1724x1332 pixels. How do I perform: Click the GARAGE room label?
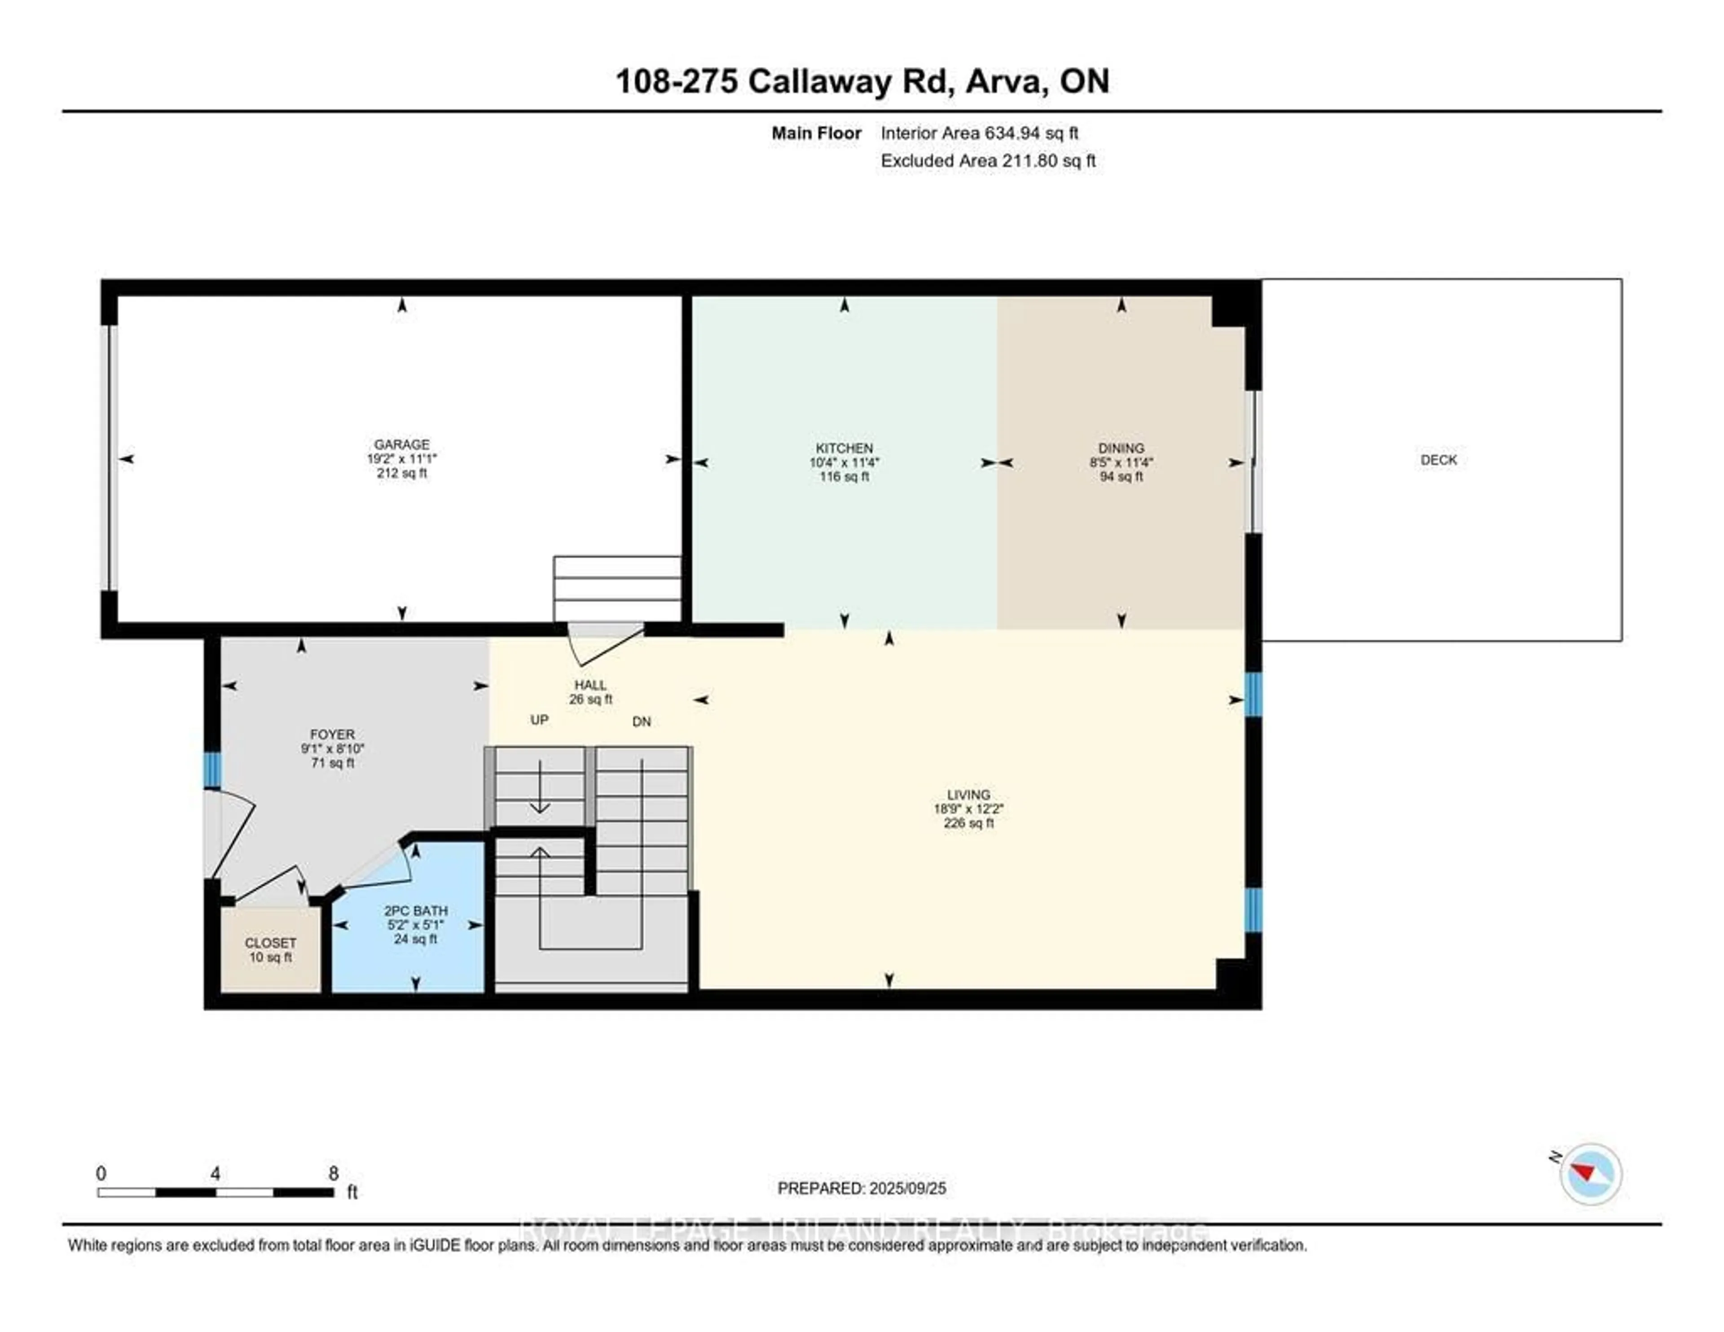pyautogui.click(x=402, y=445)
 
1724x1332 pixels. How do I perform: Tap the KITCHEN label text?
pyautogui.click(x=844, y=448)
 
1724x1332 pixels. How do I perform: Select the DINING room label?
pyautogui.click(x=1121, y=448)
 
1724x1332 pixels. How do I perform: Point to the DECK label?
pyautogui.click(x=1438, y=459)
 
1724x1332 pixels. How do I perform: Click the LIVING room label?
pyautogui.click(x=968, y=794)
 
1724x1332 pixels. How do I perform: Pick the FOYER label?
pyautogui.click(x=332, y=734)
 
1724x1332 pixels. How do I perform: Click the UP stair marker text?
pyautogui.click(x=539, y=720)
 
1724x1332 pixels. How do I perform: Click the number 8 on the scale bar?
pyautogui.click(x=333, y=1173)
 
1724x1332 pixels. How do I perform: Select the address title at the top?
pyautogui.click(x=862, y=81)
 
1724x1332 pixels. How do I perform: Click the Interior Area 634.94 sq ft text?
pyautogui.click(x=979, y=132)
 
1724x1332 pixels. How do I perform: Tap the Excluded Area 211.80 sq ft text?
pyautogui.click(x=988, y=160)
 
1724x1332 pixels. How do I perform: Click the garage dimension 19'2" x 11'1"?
pyautogui.click(x=402, y=459)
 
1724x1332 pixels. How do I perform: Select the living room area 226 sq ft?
pyautogui.click(x=968, y=823)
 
